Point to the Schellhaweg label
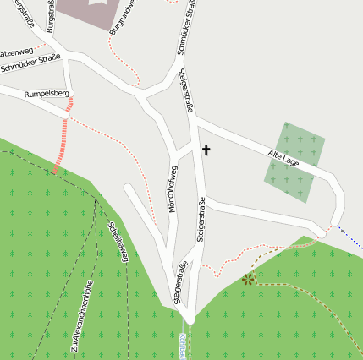click(118, 241)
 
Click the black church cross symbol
click(206, 150)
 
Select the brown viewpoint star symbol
click(248, 279)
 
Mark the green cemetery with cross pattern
click(294, 161)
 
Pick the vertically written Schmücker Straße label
click(189, 27)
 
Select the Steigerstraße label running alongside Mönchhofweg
click(201, 220)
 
